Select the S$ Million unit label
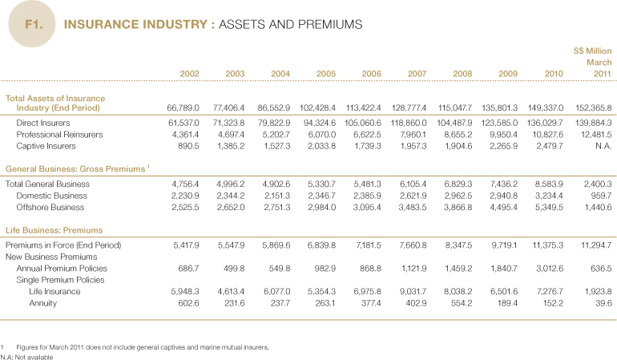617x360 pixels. pyautogui.click(x=592, y=51)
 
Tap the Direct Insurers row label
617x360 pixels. pyautogui.click(x=44, y=123)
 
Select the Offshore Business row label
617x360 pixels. pyautogui.click(x=50, y=207)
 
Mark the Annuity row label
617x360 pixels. pyautogui.click(x=41, y=303)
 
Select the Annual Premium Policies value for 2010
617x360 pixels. pyautogui.click(x=548, y=268)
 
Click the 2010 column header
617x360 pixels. pyautogui.click(x=554, y=74)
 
